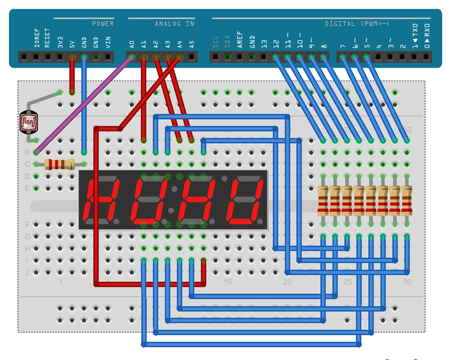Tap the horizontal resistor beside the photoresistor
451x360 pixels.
point(59,164)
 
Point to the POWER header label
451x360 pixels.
point(103,24)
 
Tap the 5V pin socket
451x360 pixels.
point(72,57)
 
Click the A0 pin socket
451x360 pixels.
point(132,57)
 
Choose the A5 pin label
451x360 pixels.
point(192,42)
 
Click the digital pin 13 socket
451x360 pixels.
point(264,57)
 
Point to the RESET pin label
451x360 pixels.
point(48,38)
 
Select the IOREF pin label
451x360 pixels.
point(36,38)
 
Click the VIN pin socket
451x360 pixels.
point(108,57)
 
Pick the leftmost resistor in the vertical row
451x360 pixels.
point(323,201)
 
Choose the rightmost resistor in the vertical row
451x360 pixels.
point(406,201)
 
